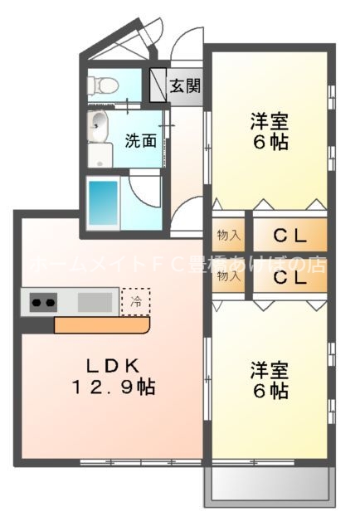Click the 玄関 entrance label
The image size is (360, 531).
pyautogui.click(x=185, y=86)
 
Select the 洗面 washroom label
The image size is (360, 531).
pyautogui.click(x=140, y=140)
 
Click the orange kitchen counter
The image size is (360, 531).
pyautogui.click(x=100, y=326)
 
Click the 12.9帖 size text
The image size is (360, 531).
pyautogui.click(x=114, y=387)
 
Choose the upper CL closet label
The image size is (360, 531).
pyautogui.click(x=289, y=236)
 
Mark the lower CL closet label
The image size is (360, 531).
pyautogui.click(x=289, y=278)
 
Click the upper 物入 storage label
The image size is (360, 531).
pyautogui.click(x=229, y=236)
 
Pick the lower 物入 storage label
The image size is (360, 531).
pyautogui.click(x=229, y=277)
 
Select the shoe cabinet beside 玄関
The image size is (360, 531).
pyautogui.click(x=158, y=85)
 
